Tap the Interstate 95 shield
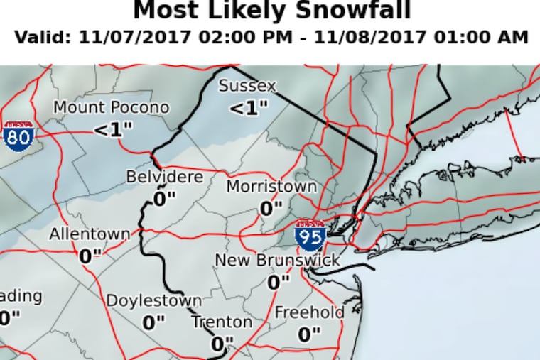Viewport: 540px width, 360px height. coord(311,232)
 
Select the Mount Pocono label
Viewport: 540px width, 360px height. coord(112,108)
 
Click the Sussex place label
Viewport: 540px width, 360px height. coord(247,86)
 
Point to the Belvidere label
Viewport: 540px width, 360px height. coord(164,177)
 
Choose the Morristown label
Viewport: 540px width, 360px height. coord(271,187)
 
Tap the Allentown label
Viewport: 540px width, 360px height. coord(90,234)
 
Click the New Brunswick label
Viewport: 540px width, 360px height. coord(278,261)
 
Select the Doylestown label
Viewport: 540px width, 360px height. coord(153,300)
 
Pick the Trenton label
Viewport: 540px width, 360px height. coord(222,322)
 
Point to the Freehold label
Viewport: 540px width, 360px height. coord(309,312)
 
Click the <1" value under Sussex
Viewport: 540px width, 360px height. coord(249,109)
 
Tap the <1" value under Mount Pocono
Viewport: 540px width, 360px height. coord(112,130)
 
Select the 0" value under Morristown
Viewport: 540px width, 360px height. coord(271,209)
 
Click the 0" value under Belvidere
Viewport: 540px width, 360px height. coord(164,198)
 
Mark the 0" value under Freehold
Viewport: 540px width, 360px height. coord(309,334)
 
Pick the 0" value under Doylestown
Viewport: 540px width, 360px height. coord(153,322)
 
